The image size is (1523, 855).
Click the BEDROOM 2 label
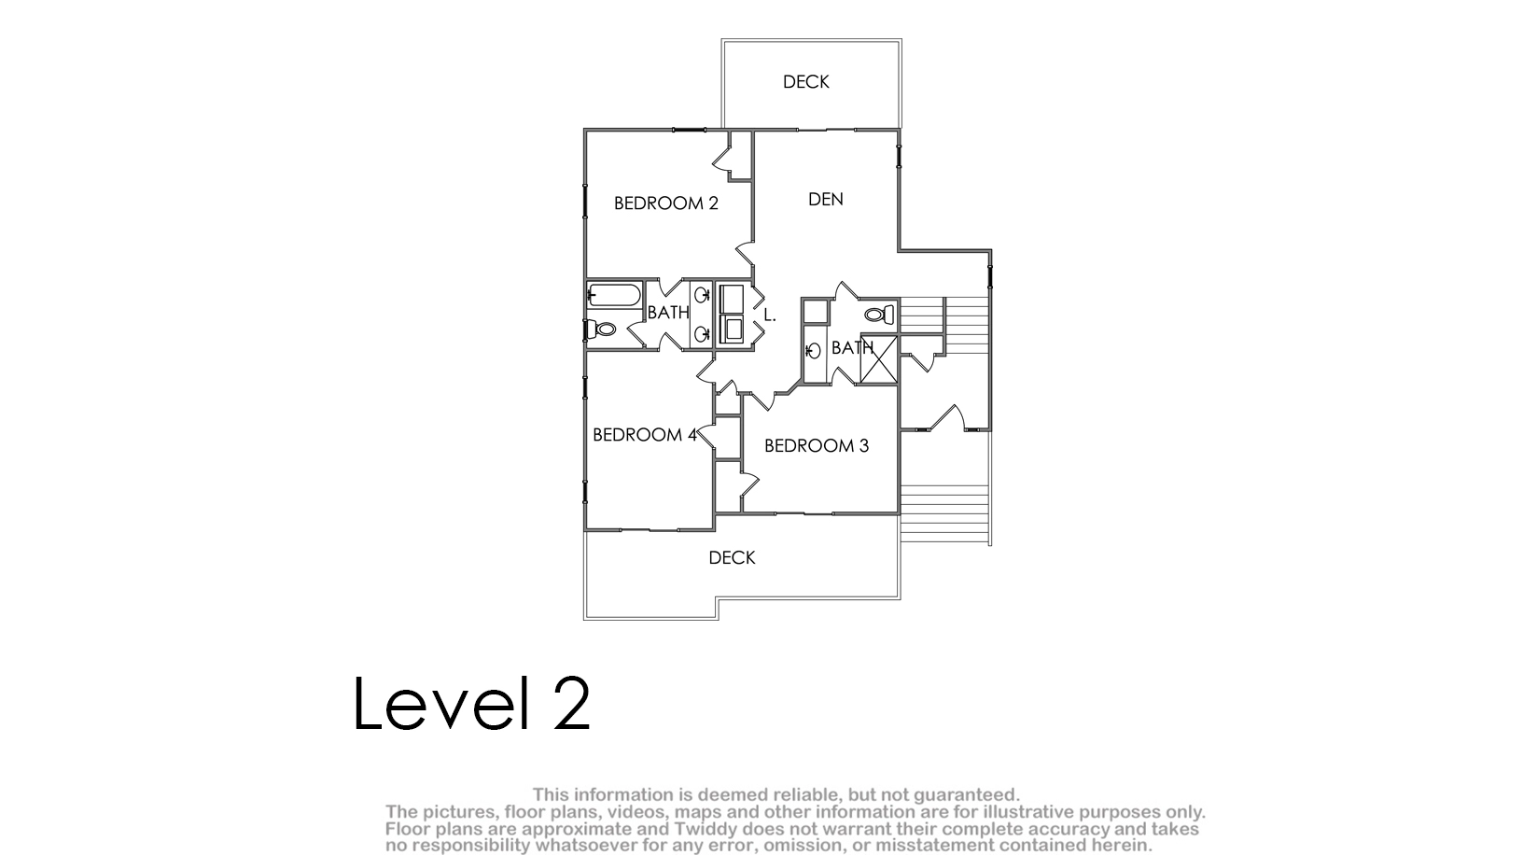click(x=665, y=203)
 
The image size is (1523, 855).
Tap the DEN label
click(x=825, y=200)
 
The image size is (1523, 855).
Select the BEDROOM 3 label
click(x=817, y=445)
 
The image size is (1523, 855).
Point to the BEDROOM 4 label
click(x=645, y=435)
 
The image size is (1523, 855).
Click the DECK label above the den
click(x=805, y=81)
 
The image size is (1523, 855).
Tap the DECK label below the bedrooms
click(x=732, y=558)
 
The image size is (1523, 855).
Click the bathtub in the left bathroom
click(x=613, y=295)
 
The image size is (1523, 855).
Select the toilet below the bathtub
click(x=601, y=329)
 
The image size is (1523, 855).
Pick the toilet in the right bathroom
click(x=880, y=315)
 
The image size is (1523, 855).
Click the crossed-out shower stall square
click(x=879, y=359)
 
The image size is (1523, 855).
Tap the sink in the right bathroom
click(x=812, y=352)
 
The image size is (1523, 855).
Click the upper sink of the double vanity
click(x=701, y=295)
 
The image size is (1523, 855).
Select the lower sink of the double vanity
click(x=701, y=333)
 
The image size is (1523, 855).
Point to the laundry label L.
click(x=770, y=315)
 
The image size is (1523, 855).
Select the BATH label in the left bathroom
click(x=668, y=313)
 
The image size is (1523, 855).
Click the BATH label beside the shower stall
click(x=852, y=348)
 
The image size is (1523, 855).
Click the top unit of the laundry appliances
click(x=732, y=300)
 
